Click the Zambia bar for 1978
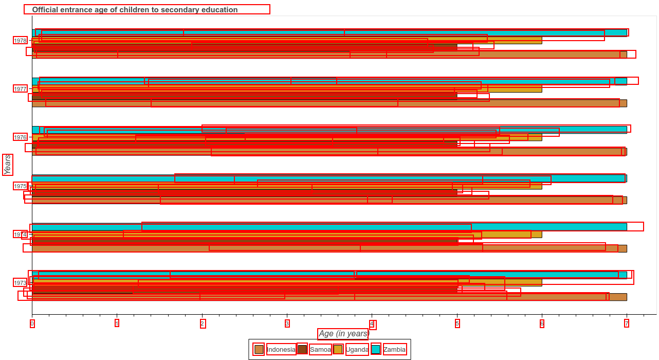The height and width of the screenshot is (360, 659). click(x=329, y=33)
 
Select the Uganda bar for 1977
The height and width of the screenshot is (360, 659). click(x=287, y=89)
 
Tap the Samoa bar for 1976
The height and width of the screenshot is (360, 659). click(x=244, y=145)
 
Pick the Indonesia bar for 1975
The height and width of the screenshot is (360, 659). click(x=329, y=200)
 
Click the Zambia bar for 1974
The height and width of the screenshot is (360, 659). click(x=329, y=227)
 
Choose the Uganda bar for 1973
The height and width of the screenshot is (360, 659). click(x=287, y=282)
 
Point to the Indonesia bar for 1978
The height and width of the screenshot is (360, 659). click(x=329, y=55)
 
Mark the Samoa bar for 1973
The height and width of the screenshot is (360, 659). click(x=244, y=290)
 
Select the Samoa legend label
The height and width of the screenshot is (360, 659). click(x=320, y=350)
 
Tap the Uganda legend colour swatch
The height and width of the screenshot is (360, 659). click(x=338, y=350)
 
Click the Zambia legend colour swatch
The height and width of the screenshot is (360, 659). click(x=376, y=350)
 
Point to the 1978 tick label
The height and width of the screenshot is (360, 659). click(x=20, y=41)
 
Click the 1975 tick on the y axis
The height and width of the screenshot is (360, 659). click(x=20, y=186)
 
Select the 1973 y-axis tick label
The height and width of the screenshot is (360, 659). click(x=20, y=283)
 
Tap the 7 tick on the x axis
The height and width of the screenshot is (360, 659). click(x=627, y=323)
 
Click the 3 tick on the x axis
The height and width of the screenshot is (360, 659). click(x=287, y=323)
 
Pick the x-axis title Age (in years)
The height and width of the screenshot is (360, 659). click(x=343, y=334)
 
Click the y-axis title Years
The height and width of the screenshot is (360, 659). click(x=7, y=165)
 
